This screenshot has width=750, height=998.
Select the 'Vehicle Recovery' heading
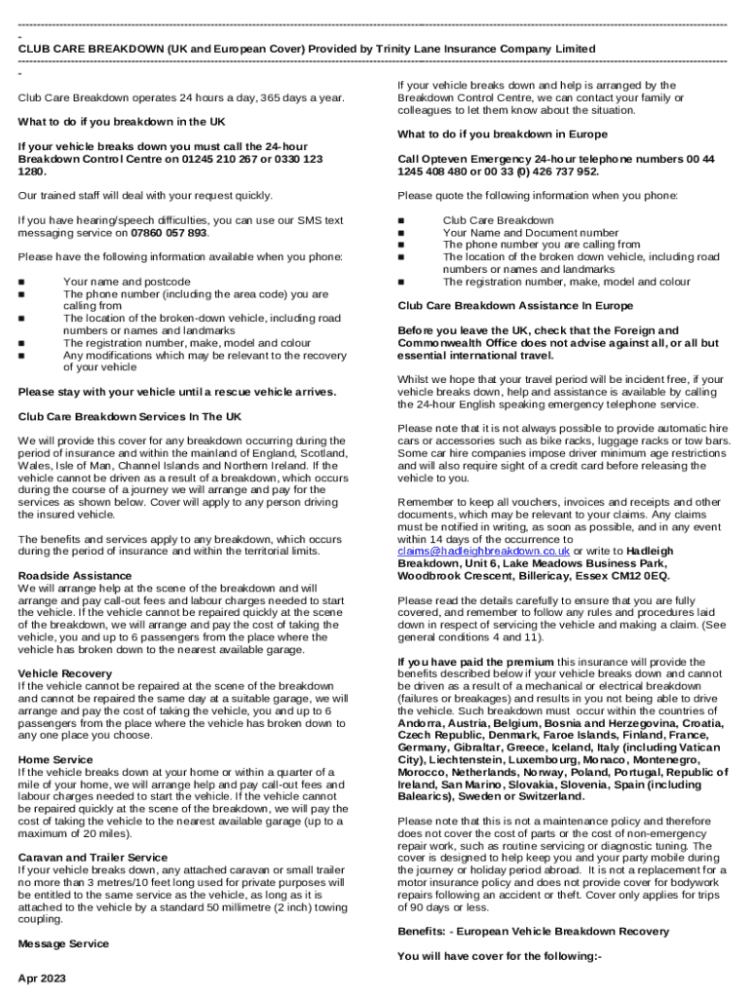click(x=65, y=673)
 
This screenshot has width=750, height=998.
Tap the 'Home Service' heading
click(x=56, y=759)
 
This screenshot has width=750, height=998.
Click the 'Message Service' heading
click(x=63, y=943)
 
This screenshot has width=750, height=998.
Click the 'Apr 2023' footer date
click(x=42, y=978)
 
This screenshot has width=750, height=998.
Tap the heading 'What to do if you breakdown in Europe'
click(x=502, y=134)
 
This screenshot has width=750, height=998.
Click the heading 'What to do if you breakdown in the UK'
click(x=122, y=122)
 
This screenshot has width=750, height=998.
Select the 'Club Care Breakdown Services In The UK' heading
click(x=130, y=416)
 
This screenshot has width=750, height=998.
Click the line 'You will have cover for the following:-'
click(x=500, y=956)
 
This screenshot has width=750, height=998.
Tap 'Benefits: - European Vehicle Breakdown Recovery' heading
click(x=533, y=931)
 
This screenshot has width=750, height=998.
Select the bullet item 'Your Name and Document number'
click(x=530, y=233)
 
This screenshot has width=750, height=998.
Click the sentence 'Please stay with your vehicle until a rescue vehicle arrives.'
click(x=177, y=392)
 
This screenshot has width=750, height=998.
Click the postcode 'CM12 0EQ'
click(x=595, y=575)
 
